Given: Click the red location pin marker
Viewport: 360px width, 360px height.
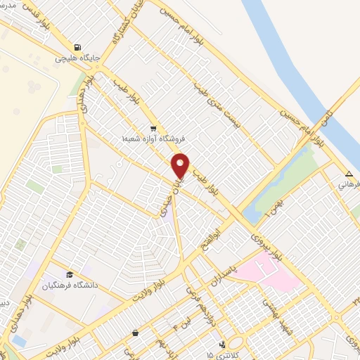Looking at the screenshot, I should (181, 165).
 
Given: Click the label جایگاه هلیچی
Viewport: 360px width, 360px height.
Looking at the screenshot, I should (79, 58).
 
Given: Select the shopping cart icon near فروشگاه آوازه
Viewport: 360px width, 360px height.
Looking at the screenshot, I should (153, 129).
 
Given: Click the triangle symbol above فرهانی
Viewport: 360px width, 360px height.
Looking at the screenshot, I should (349, 174).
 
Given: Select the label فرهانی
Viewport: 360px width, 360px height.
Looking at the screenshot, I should (349, 184).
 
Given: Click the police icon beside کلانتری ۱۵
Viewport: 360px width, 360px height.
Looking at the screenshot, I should (222, 345).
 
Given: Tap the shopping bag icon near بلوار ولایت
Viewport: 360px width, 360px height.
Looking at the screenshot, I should (135, 333).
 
